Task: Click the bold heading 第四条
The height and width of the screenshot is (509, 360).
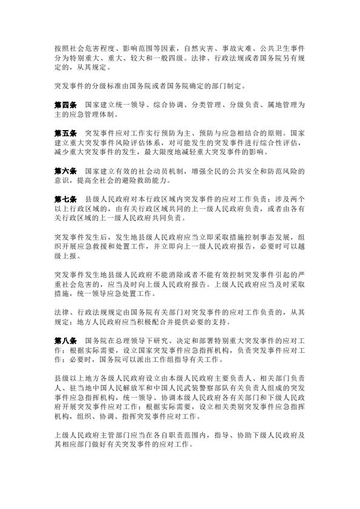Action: click(x=65, y=105)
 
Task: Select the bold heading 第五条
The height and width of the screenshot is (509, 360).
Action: click(x=65, y=131)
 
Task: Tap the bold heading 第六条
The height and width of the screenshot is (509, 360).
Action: click(x=65, y=171)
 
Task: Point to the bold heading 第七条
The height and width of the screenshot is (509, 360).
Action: click(x=65, y=199)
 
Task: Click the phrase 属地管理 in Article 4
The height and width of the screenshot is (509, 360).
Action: click(x=277, y=105)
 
